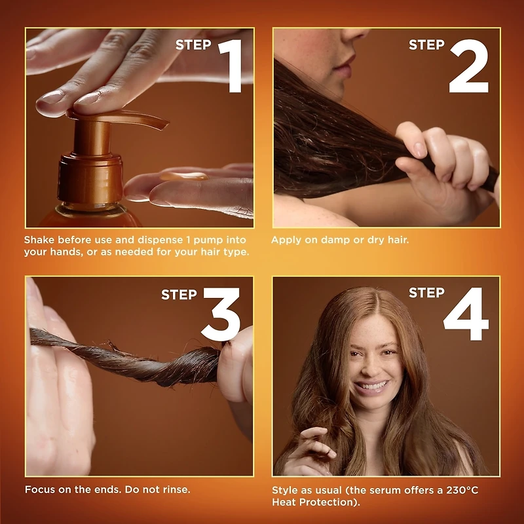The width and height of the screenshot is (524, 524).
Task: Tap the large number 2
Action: (468, 65)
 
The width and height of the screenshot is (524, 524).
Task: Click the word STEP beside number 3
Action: (179, 295)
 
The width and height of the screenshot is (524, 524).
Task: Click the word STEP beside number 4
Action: (426, 292)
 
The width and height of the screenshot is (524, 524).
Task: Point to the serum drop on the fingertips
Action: (184, 176)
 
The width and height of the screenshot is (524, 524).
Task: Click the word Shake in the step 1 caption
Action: (40, 240)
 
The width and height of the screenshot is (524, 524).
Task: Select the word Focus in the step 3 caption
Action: (39, 489)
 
